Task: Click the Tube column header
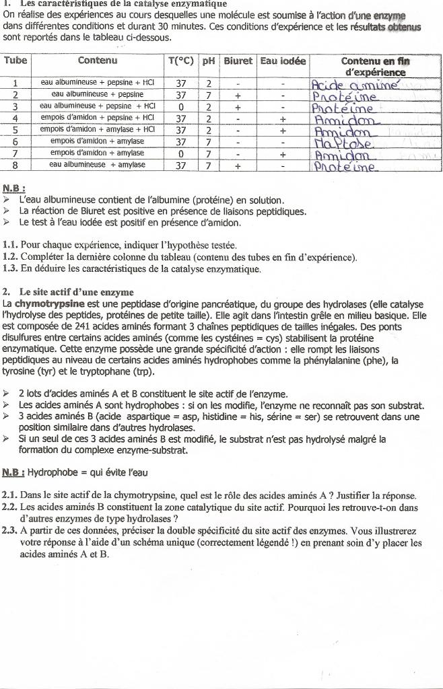(15, 61)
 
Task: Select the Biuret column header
(238, 61)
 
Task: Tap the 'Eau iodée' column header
(283, 61)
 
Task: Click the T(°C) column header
(180, 61)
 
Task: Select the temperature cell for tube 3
(180, 106)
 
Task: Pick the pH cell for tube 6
(209, 142)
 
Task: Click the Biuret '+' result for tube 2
(238, 95)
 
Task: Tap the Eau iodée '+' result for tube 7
(283, 153)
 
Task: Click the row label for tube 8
(15, 165)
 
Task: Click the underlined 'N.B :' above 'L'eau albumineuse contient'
(14, 189)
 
